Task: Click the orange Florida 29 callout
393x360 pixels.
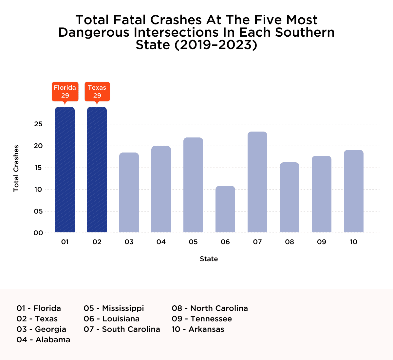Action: click(x=65, y=92)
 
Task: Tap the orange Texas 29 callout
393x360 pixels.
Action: click(x=97, y=92)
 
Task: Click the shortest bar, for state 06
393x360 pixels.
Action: click(x=225, y=209)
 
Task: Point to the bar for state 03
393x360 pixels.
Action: click(x=129, y=193)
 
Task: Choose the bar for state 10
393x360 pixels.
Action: click(x=354, y=191)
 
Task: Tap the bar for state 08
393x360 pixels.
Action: click(x=290, y=198)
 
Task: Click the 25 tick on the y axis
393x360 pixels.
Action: click(x=38, y=124)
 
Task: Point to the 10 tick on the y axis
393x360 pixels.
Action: click(x=38, y=189)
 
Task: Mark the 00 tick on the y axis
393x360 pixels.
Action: click(x=38, y=233)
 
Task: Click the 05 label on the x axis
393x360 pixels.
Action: click(x=193, y=242)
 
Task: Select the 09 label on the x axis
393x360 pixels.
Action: click(x=322, y=242)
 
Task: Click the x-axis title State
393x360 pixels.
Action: click(x=209, y=259)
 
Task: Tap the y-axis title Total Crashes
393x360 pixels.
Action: click(x=16, y=168)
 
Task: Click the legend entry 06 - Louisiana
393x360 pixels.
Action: click(x=112, y=319)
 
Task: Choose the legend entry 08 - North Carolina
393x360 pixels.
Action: click(x=210, y=308)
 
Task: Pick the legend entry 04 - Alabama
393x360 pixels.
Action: click(x=43, y=340)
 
